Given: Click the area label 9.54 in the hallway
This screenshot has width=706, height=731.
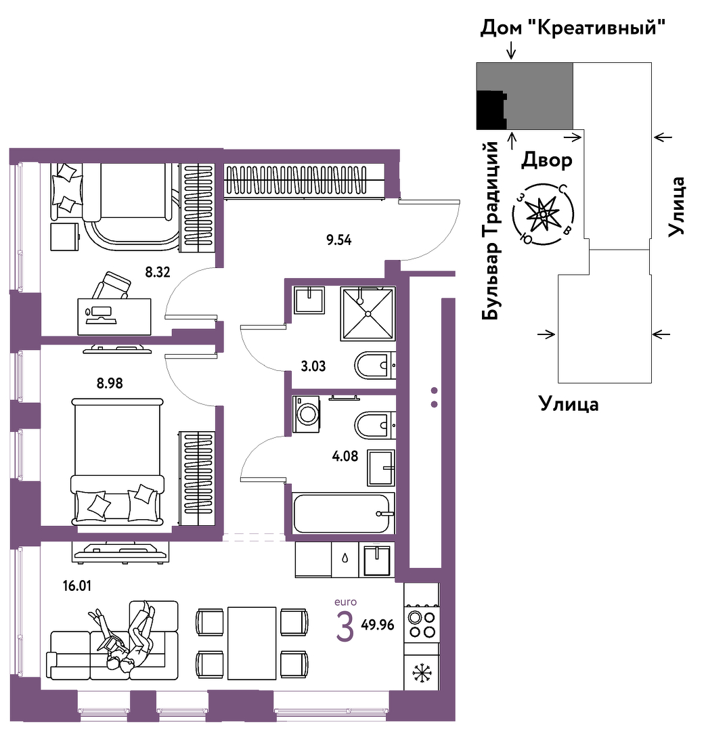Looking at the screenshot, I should (x=339, y=239).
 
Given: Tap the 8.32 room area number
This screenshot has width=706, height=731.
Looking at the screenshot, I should (x=157, y=273).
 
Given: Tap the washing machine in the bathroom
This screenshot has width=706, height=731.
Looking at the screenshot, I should (x=308, y=412).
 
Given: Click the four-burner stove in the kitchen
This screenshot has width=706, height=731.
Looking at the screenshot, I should (x=421, y=623).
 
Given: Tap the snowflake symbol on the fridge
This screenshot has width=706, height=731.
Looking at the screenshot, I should (x=422, y=673).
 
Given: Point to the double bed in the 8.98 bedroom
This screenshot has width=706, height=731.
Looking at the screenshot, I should (x=118, y=460).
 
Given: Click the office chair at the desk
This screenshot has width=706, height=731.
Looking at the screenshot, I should (x=112, y=285).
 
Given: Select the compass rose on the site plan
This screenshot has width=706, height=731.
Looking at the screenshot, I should (x=543, y=215).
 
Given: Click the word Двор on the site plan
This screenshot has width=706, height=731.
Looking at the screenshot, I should (x=547, y=160).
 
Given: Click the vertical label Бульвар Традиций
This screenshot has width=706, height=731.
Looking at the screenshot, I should (x=492, y=230).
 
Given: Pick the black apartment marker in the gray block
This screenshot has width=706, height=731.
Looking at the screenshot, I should (x=490, y=110).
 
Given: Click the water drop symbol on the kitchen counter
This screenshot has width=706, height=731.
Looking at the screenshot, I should (x=345, y=558).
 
